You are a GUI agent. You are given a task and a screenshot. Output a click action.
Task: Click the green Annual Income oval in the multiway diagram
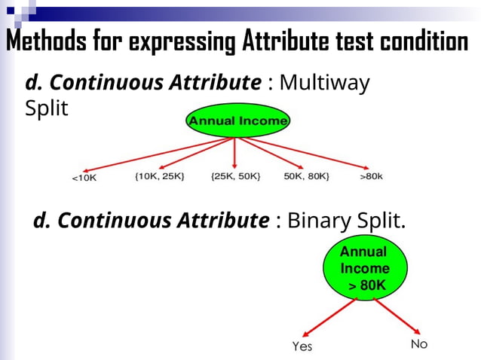237,121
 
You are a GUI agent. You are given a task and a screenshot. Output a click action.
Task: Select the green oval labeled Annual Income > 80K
364,269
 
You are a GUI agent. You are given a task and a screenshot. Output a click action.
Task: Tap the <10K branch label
84,178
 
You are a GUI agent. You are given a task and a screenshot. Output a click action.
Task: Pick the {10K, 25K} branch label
159,176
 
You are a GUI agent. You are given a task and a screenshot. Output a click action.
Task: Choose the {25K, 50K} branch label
236,176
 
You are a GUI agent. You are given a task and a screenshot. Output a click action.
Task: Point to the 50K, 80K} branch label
307,176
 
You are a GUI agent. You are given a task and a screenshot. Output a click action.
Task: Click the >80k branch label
371,176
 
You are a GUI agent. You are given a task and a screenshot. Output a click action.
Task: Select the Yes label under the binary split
302,346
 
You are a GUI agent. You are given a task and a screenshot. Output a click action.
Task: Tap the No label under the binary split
418,344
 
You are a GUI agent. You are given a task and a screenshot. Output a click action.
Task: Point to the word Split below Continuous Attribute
47,108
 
